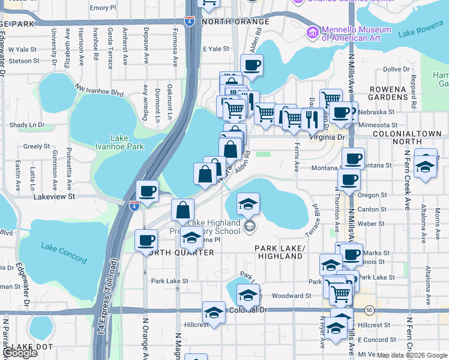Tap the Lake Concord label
click(x=64, y=249)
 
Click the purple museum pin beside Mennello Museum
click(x=312, y=31)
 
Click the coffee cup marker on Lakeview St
click(x=148, y=191)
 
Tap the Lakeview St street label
click(x=54, y=196)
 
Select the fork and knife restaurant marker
click(x=311, y=119)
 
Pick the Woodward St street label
click(x=291, y=296)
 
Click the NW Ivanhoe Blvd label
click(x=99, y=92)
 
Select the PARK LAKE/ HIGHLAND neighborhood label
click(x=279, y=252)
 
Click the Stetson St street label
click(x=24, y=61)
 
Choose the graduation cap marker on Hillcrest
click(x=213, y=313)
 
